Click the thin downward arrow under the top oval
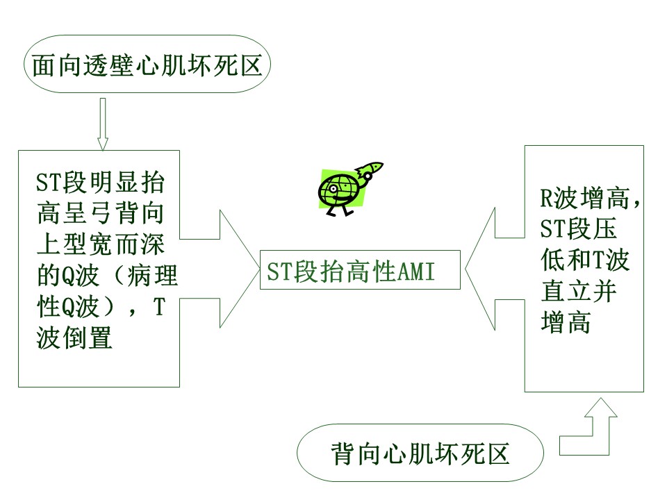(103, 124)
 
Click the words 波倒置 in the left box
(74, 337)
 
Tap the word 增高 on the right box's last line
(566, 322)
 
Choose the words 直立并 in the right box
(579, 291)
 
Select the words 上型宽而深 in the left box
(100, 244)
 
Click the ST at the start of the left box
(49, 182)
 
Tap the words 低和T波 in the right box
(585, 260)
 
